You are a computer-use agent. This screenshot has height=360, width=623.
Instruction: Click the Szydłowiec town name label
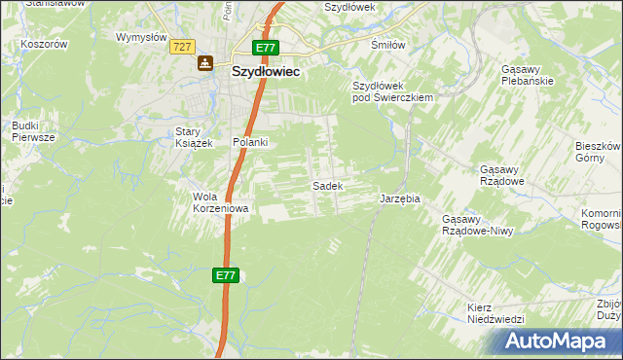click(265, 71)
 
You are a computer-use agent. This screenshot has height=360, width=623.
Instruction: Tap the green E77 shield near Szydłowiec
click(266, 48)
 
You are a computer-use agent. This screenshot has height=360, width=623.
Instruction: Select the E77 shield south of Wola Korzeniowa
click(225, 275)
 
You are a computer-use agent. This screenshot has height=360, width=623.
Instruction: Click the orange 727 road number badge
click(182, 46)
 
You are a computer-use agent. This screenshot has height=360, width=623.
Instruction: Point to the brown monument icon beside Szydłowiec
click(205, 64)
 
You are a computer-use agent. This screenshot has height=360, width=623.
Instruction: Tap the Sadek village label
click(326, 185)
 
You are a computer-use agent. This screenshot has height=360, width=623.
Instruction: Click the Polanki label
click(249, 141)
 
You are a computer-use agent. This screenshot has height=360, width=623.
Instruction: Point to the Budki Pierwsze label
click(26, 131)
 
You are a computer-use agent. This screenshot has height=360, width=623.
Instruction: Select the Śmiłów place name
click(387, 45)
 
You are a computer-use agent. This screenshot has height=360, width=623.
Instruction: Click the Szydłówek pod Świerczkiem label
click(392, 91)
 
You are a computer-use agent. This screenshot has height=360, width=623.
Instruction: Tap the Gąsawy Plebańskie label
click(527, 75)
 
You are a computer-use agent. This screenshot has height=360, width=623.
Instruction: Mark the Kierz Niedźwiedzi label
click(495, 312)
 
